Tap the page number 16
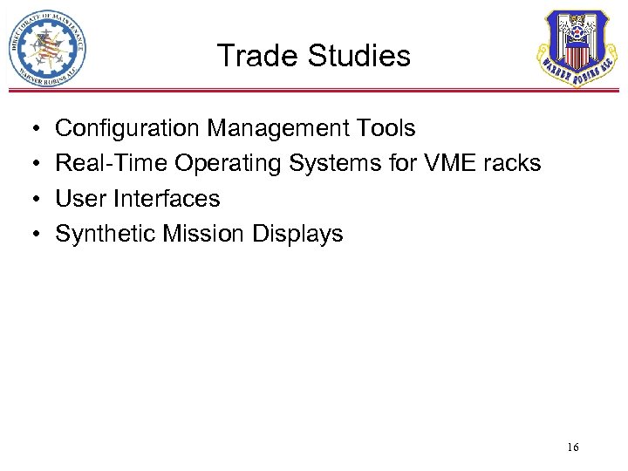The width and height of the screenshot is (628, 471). click(572, 447)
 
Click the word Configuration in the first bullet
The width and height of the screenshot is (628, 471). click(127, 129)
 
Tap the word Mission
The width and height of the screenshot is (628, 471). click(207, 234)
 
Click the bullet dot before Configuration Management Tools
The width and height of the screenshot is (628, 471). click(29, 130)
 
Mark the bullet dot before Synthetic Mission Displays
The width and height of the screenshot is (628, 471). click(29, 235)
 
